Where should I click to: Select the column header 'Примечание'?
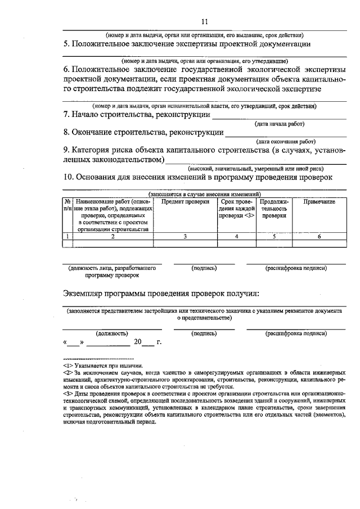click(319, 201)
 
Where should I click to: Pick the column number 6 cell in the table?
click(319, 237)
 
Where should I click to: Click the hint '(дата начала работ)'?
click(280, 124)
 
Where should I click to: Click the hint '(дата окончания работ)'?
click(286, 142)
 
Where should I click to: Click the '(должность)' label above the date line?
click(111, 333)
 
